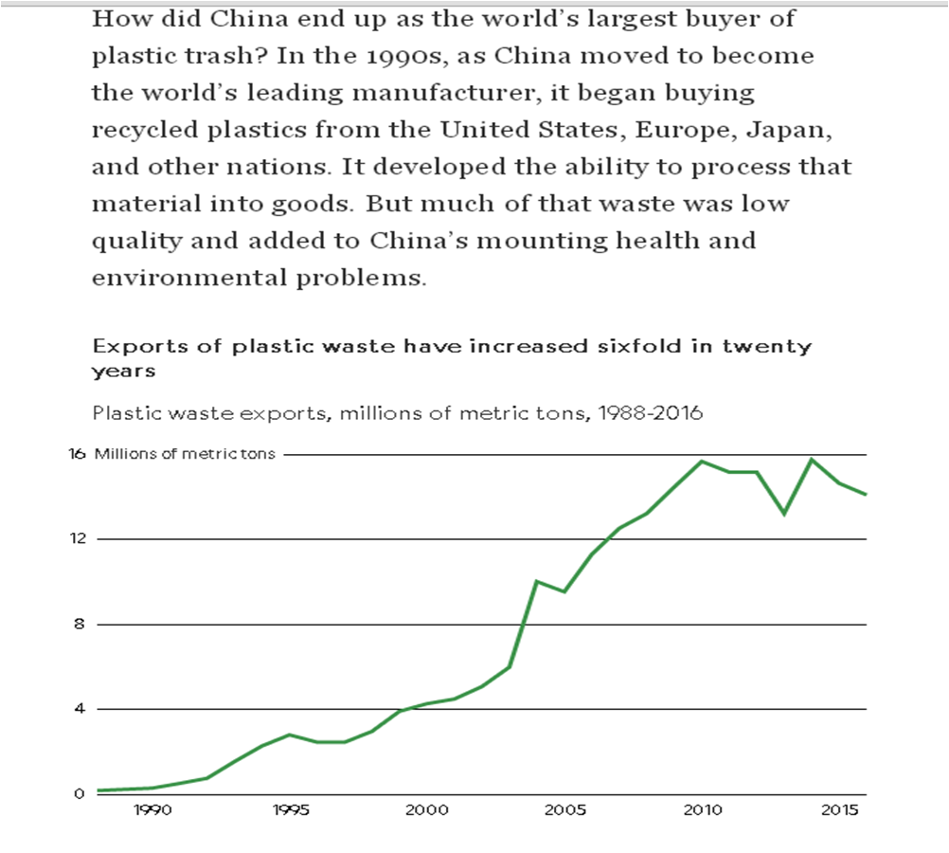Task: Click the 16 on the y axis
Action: point(77,454)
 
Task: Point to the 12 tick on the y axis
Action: point(77,538)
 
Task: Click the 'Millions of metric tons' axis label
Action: point(185,454)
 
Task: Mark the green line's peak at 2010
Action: point(702,462)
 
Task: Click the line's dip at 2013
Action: point(784,514)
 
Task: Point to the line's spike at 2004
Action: point(537,581)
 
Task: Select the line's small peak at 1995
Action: point(290,735)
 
